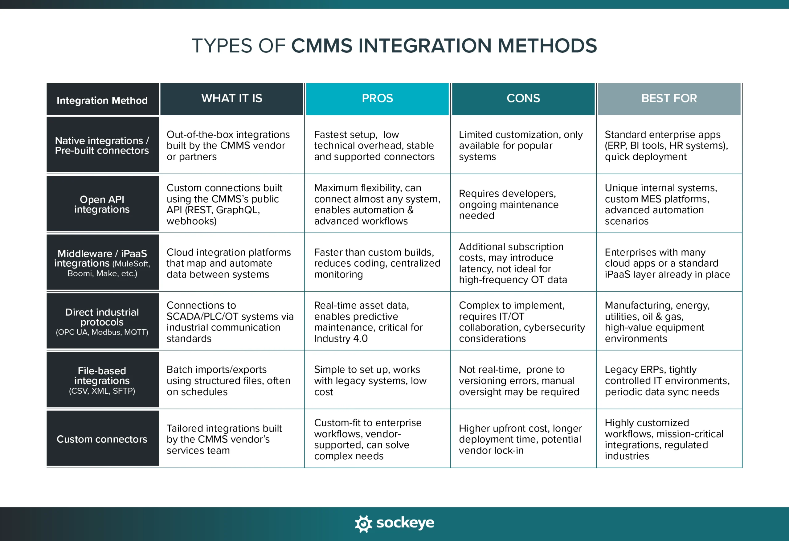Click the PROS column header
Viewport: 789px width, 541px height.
pos(377,98)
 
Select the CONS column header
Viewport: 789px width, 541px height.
pos(523,98)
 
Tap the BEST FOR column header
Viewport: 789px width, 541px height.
pos(669,98)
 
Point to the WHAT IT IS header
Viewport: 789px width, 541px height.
pos(231,98)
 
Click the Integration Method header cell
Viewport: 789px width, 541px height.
pos(102,100)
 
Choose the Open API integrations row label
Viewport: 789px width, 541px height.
pos(102,204)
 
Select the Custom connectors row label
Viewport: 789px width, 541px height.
pos(102,439)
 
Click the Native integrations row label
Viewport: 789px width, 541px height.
pos(102,145)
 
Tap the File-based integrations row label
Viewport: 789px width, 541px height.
pos(102,380)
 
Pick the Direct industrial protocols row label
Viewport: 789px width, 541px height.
pos(102,321)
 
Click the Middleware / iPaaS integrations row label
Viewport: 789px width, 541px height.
pos(102,263)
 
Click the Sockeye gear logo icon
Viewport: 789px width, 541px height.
pos(363,523)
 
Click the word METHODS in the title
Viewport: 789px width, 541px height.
pos(547,46)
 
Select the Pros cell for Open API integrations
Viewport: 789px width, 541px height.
pos(377,204)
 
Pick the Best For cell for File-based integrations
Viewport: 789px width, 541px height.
pos(667,380)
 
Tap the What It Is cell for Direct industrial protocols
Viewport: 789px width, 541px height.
pos(230,322)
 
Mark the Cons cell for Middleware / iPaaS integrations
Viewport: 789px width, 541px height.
pos(513,263)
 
